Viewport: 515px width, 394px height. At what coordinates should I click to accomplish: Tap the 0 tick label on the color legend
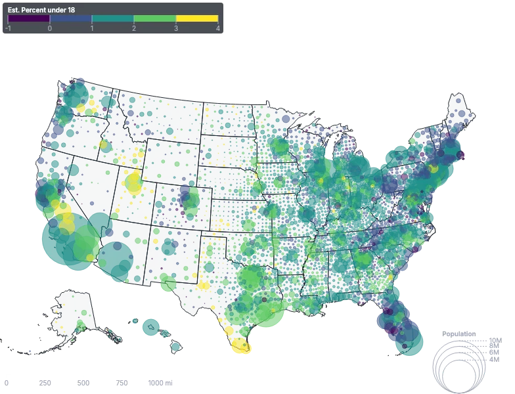click(x=50, y=28)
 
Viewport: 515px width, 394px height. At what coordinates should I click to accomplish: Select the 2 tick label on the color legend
click(x=133, y=28)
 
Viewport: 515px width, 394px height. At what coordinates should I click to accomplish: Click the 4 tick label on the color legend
click(x=217, y=28)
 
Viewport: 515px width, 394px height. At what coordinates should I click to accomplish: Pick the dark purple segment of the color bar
click(x=29, y=19)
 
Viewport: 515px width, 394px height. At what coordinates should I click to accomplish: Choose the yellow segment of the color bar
click(x=196, y=19)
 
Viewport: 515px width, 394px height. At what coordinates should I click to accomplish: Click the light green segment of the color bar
click(x=154, y=19)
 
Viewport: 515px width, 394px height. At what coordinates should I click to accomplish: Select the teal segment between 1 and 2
click(x=112, y=19)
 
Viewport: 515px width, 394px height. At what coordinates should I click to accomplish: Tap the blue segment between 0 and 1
click(x=71, y=19)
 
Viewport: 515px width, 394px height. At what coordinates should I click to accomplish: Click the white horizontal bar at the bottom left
click(x=84, y=376)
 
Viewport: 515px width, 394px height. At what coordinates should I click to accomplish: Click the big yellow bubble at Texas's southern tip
click(x=241, y=345)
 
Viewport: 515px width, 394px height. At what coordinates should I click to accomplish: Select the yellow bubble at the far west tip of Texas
click(x=204, y=285)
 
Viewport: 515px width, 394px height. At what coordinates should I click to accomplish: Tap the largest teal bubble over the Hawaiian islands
click(x=152, y=326)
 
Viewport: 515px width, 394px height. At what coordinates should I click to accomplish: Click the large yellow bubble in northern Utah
click(x=134, y=188)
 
